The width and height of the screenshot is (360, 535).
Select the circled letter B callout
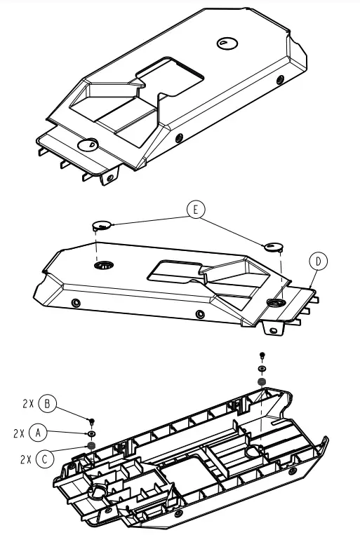(48, 405)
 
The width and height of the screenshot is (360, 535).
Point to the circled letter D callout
(318, 262)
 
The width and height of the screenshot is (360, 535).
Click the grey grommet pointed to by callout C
(91, 445)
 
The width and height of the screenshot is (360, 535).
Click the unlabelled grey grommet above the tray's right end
(262, 381)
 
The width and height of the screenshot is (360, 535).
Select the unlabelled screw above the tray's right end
(262, 355)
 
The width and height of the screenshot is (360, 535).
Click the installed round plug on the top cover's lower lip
(88, 145)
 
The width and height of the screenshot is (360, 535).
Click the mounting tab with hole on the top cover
(109, 177)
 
